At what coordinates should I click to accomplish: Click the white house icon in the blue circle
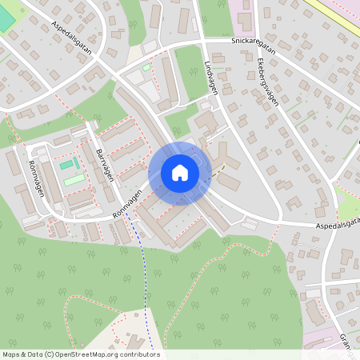point(179,173)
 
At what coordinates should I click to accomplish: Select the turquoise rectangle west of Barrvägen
point(66,165)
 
